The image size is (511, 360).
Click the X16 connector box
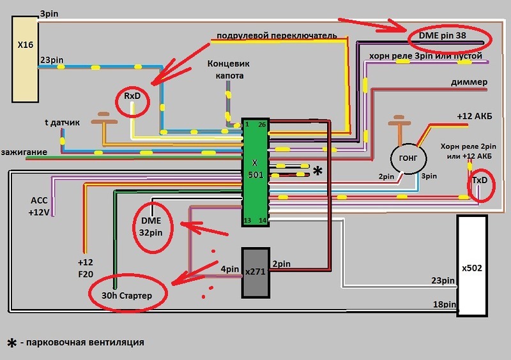(x=25, y=59)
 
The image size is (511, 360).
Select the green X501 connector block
(x=256, y=172)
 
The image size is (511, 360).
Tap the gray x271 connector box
(x=256, y=273)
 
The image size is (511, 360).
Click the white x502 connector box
(x=472, y=266)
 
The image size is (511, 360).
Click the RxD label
(x=132, y=96)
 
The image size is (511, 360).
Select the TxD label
(x=480, y=180)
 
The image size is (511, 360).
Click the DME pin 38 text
(x=442, y=36)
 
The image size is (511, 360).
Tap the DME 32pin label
(x=151, y=227)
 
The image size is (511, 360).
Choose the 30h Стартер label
(x=126, y=296)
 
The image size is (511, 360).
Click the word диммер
(x=469, y=82)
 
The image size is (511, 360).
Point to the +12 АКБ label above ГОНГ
(x=475, y=116)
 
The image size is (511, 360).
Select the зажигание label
(x=24, y=152)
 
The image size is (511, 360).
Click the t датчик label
(x=62, y=123)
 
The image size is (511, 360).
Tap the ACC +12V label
(x=39, y=206)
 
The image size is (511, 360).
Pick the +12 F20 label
(x=86, y=268)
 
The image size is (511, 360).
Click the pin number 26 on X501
(x=262, y=124)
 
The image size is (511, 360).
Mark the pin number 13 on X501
(x=247, y=221)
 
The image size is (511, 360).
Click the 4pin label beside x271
(x=230, y=269)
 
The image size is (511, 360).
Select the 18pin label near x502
(x=444, y=304)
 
